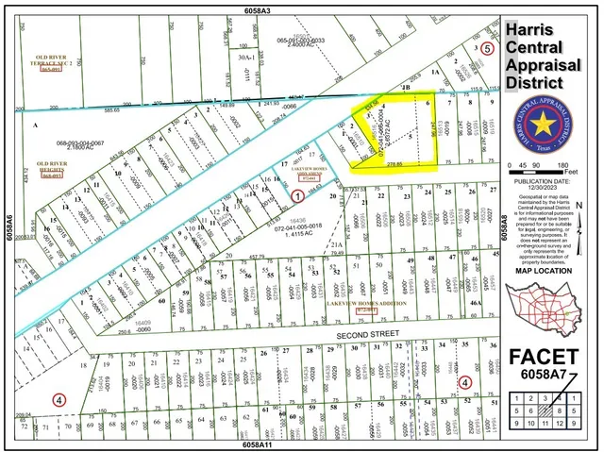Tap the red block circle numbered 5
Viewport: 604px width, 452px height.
coord(487,47)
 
